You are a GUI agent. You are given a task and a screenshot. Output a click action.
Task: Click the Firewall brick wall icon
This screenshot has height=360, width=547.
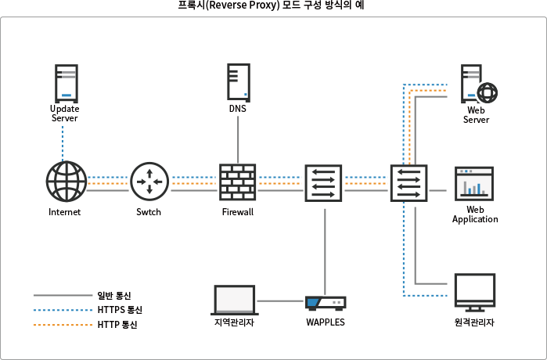coord(237,183)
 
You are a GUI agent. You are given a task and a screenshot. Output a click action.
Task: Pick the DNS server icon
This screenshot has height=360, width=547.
coord(238,81)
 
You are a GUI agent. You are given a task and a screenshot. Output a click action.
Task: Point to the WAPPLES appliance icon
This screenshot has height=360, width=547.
coord(326,303)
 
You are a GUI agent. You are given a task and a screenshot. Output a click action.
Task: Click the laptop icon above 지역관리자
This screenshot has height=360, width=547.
coord(235,300)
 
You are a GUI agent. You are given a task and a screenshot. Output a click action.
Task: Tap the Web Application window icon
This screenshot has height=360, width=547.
coord(474,183)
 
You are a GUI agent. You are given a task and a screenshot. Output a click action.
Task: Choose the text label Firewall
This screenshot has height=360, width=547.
coord(237,212)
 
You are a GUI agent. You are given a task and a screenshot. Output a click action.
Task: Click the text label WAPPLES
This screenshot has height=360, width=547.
coord(326,322)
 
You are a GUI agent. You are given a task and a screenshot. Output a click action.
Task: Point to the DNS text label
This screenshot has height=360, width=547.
coord(238,109)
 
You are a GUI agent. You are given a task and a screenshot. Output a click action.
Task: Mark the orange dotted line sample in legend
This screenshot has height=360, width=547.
coord(63,324)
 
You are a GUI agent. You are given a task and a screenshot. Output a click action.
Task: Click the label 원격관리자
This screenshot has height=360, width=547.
coord(474,322)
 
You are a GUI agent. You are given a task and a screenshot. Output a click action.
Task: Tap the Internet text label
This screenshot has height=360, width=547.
coord(65,212)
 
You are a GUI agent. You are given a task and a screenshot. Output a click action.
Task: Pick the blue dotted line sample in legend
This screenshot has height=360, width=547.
coord(63,310)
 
